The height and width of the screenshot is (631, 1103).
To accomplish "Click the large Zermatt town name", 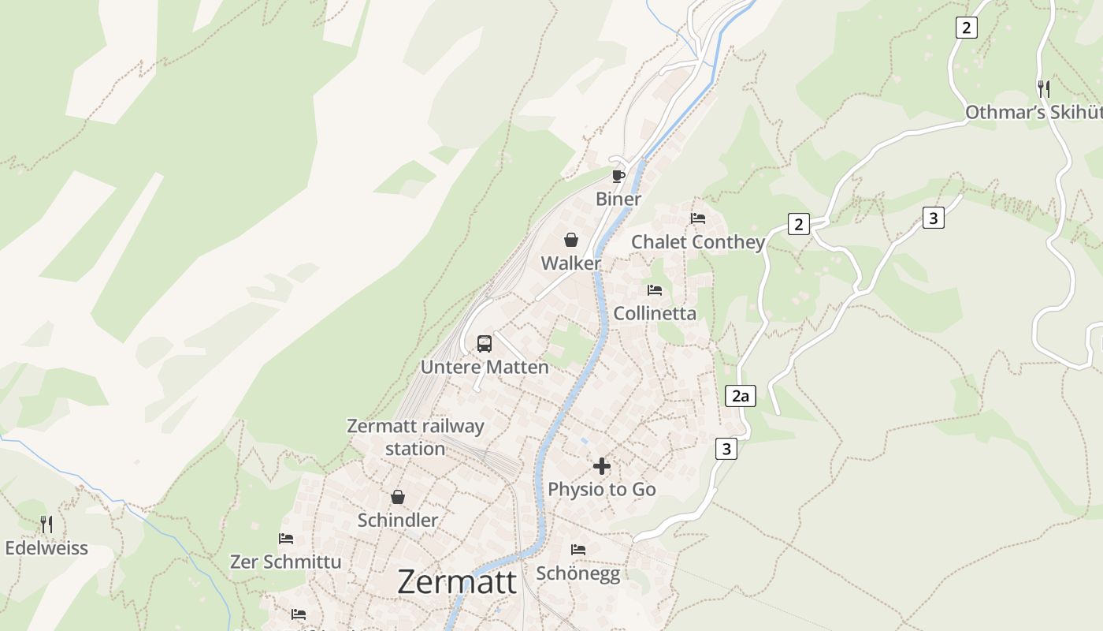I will (457, 582).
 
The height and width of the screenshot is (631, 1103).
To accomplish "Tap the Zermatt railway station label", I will (415, 437).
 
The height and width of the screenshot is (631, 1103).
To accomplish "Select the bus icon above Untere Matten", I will (485, 344).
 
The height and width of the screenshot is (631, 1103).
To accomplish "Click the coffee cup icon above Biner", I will (618, 175).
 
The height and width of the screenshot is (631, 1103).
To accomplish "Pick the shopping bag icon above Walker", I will (571, 240).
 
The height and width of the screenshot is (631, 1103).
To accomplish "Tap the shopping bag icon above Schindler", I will (398, 497).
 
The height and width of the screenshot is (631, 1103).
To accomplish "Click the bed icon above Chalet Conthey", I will (698, 218).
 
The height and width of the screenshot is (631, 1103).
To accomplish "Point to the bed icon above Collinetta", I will (655, 290).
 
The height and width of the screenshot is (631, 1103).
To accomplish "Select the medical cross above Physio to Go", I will (602, 466).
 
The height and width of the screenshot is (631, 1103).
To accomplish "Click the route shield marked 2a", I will (740, 396).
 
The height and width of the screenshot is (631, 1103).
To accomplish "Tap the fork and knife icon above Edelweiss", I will (46, 524).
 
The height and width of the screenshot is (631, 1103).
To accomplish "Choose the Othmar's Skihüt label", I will (1033, 113).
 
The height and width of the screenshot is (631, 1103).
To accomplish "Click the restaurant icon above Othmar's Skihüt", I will (1044, 88).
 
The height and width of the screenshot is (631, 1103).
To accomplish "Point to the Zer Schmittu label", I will (286, 562).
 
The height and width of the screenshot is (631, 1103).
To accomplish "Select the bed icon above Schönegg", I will (578, 550).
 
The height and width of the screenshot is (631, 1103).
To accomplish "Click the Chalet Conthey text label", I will (698, 242).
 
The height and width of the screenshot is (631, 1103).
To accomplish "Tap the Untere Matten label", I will (485, 367).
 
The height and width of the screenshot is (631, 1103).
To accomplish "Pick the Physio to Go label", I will (602, 490).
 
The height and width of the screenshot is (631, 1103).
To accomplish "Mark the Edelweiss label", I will (46, 548).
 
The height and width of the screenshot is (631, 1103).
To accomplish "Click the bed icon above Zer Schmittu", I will (286, 539).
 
